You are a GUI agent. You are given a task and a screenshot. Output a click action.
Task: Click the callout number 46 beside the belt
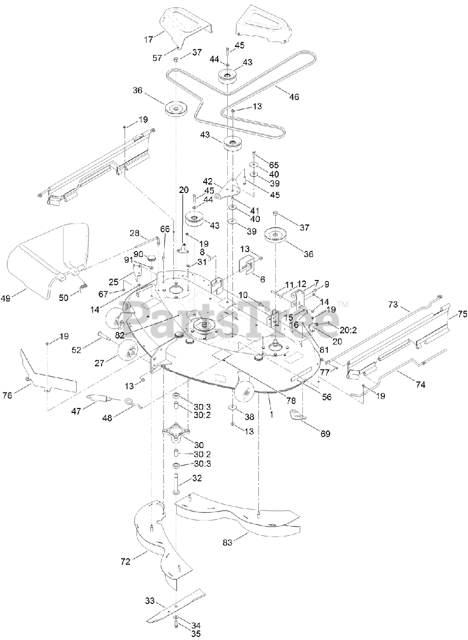294,97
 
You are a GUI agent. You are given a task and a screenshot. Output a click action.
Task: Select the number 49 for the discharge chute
19,299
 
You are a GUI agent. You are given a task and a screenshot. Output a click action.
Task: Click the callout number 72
125,561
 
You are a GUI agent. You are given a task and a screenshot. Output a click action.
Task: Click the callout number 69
325,434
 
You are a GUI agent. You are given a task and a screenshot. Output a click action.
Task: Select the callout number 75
462,314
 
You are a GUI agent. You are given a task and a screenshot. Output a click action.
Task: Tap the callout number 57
157,58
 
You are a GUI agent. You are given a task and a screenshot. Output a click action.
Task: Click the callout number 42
208,181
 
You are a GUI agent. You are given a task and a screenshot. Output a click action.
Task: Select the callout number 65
273,164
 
